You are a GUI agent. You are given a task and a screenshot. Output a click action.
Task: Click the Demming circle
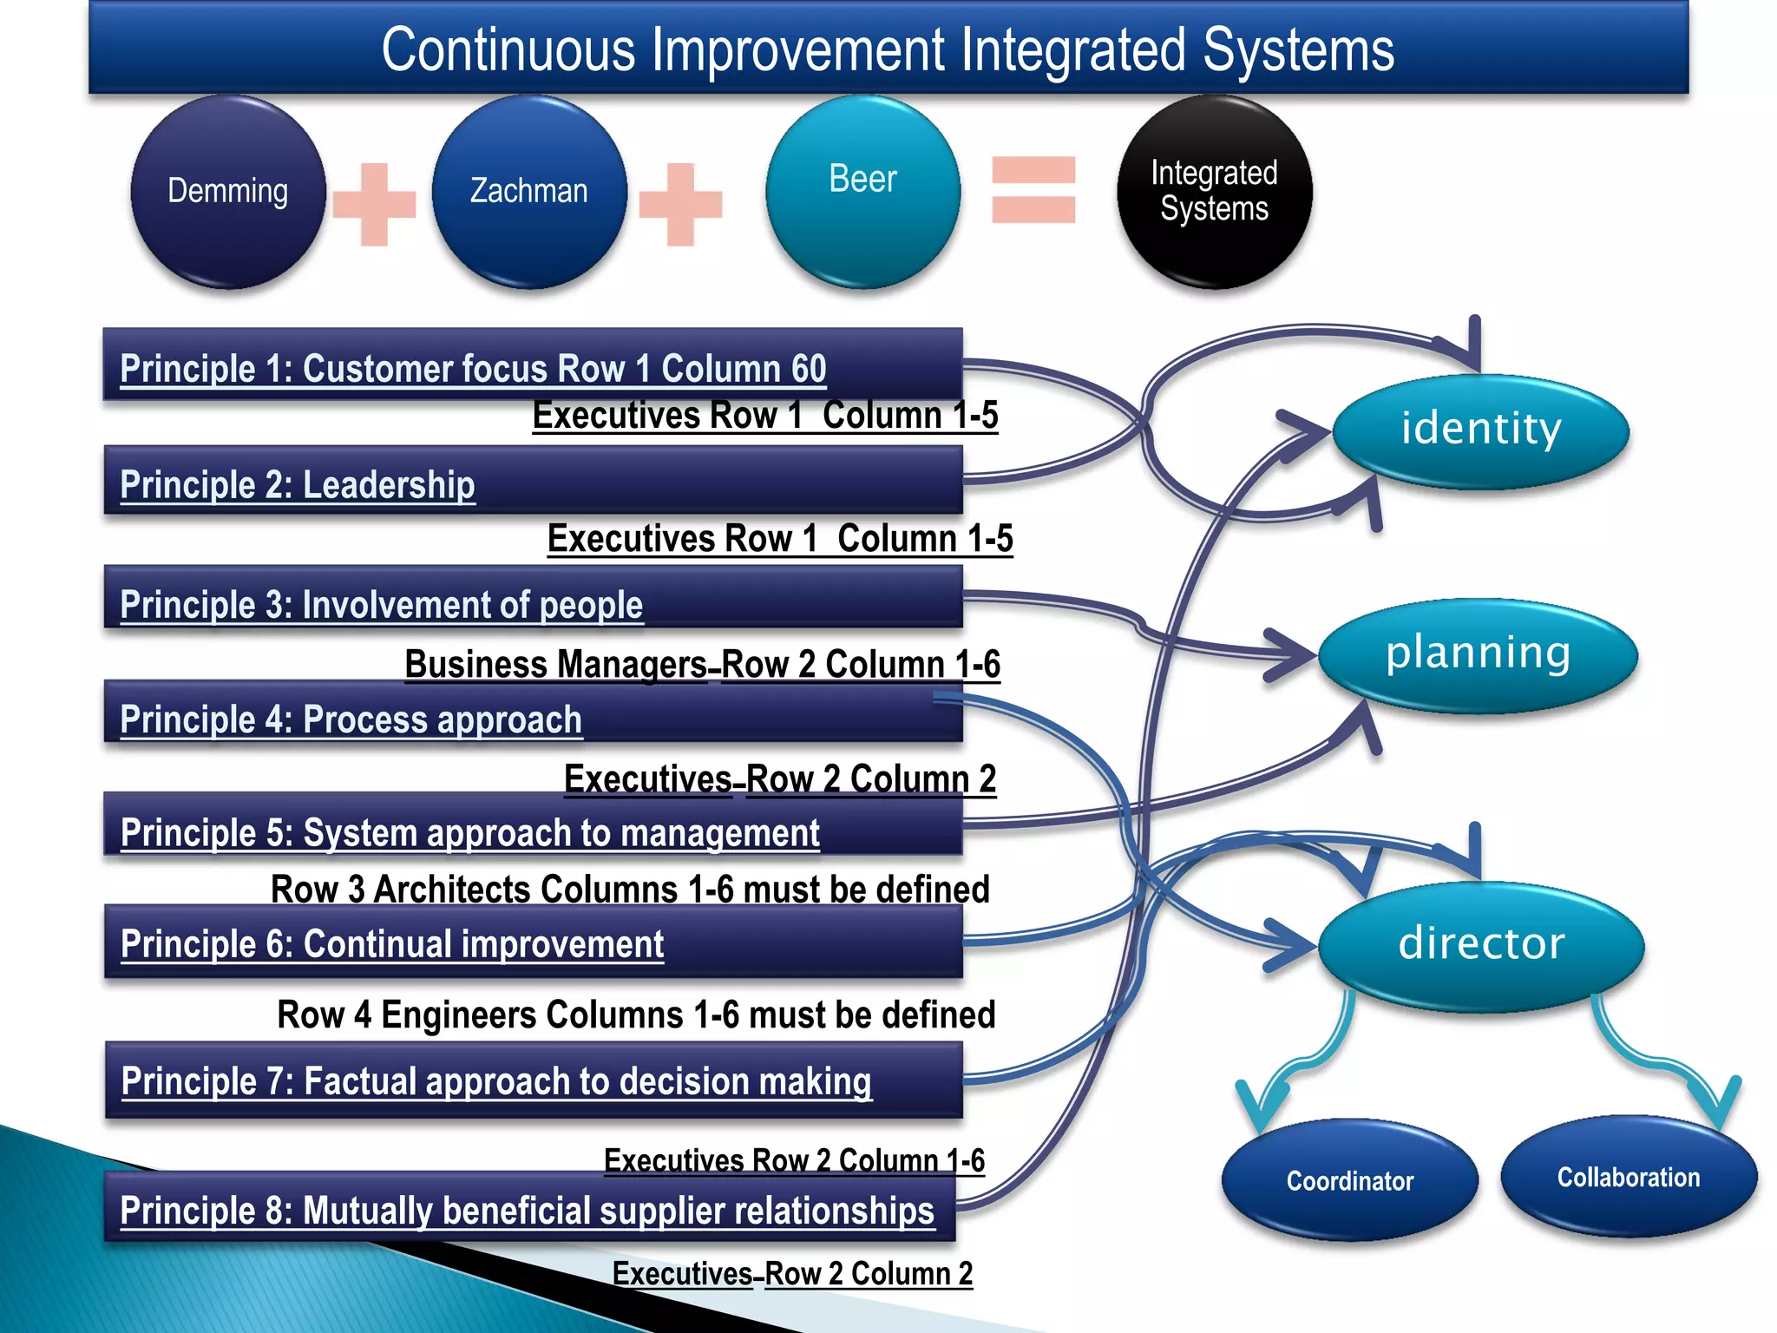(x=228, y=192)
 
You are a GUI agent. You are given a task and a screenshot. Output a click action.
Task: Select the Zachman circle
(x=529, y=192)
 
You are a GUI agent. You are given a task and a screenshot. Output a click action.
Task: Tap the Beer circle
(x=862, y=192)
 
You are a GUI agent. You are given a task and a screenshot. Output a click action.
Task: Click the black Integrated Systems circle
(x=1214, y=192)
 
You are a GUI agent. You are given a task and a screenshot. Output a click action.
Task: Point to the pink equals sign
(x=1033, y=190)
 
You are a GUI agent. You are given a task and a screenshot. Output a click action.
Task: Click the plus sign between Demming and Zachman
(x=374, y=204)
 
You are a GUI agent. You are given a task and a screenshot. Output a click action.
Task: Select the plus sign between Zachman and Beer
(x=680, y=204)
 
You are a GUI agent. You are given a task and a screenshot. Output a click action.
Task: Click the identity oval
(x=1481, y=430)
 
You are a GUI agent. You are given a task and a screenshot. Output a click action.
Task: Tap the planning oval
(x=1478, y=655)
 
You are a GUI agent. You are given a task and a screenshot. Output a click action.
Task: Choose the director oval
(x=1481, y=945)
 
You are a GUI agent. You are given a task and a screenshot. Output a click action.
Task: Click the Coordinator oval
(x=1349, y=1180)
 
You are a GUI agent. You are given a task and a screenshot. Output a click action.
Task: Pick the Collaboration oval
(x=1629, y=1178)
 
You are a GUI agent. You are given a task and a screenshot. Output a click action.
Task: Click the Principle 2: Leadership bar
(x=533, y=481)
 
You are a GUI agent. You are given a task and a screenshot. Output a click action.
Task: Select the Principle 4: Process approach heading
(x=351, y=719)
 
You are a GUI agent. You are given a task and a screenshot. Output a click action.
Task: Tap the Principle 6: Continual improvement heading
(x=392, y=944)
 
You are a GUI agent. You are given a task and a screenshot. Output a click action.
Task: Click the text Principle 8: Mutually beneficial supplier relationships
(x=528, y=1211)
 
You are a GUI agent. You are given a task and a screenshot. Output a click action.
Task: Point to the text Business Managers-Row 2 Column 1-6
(x=702, y=665)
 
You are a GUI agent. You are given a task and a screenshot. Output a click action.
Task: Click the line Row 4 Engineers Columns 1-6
(x=636, y=1015)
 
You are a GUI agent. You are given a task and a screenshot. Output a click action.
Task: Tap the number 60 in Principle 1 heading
(x=808, y=369)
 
